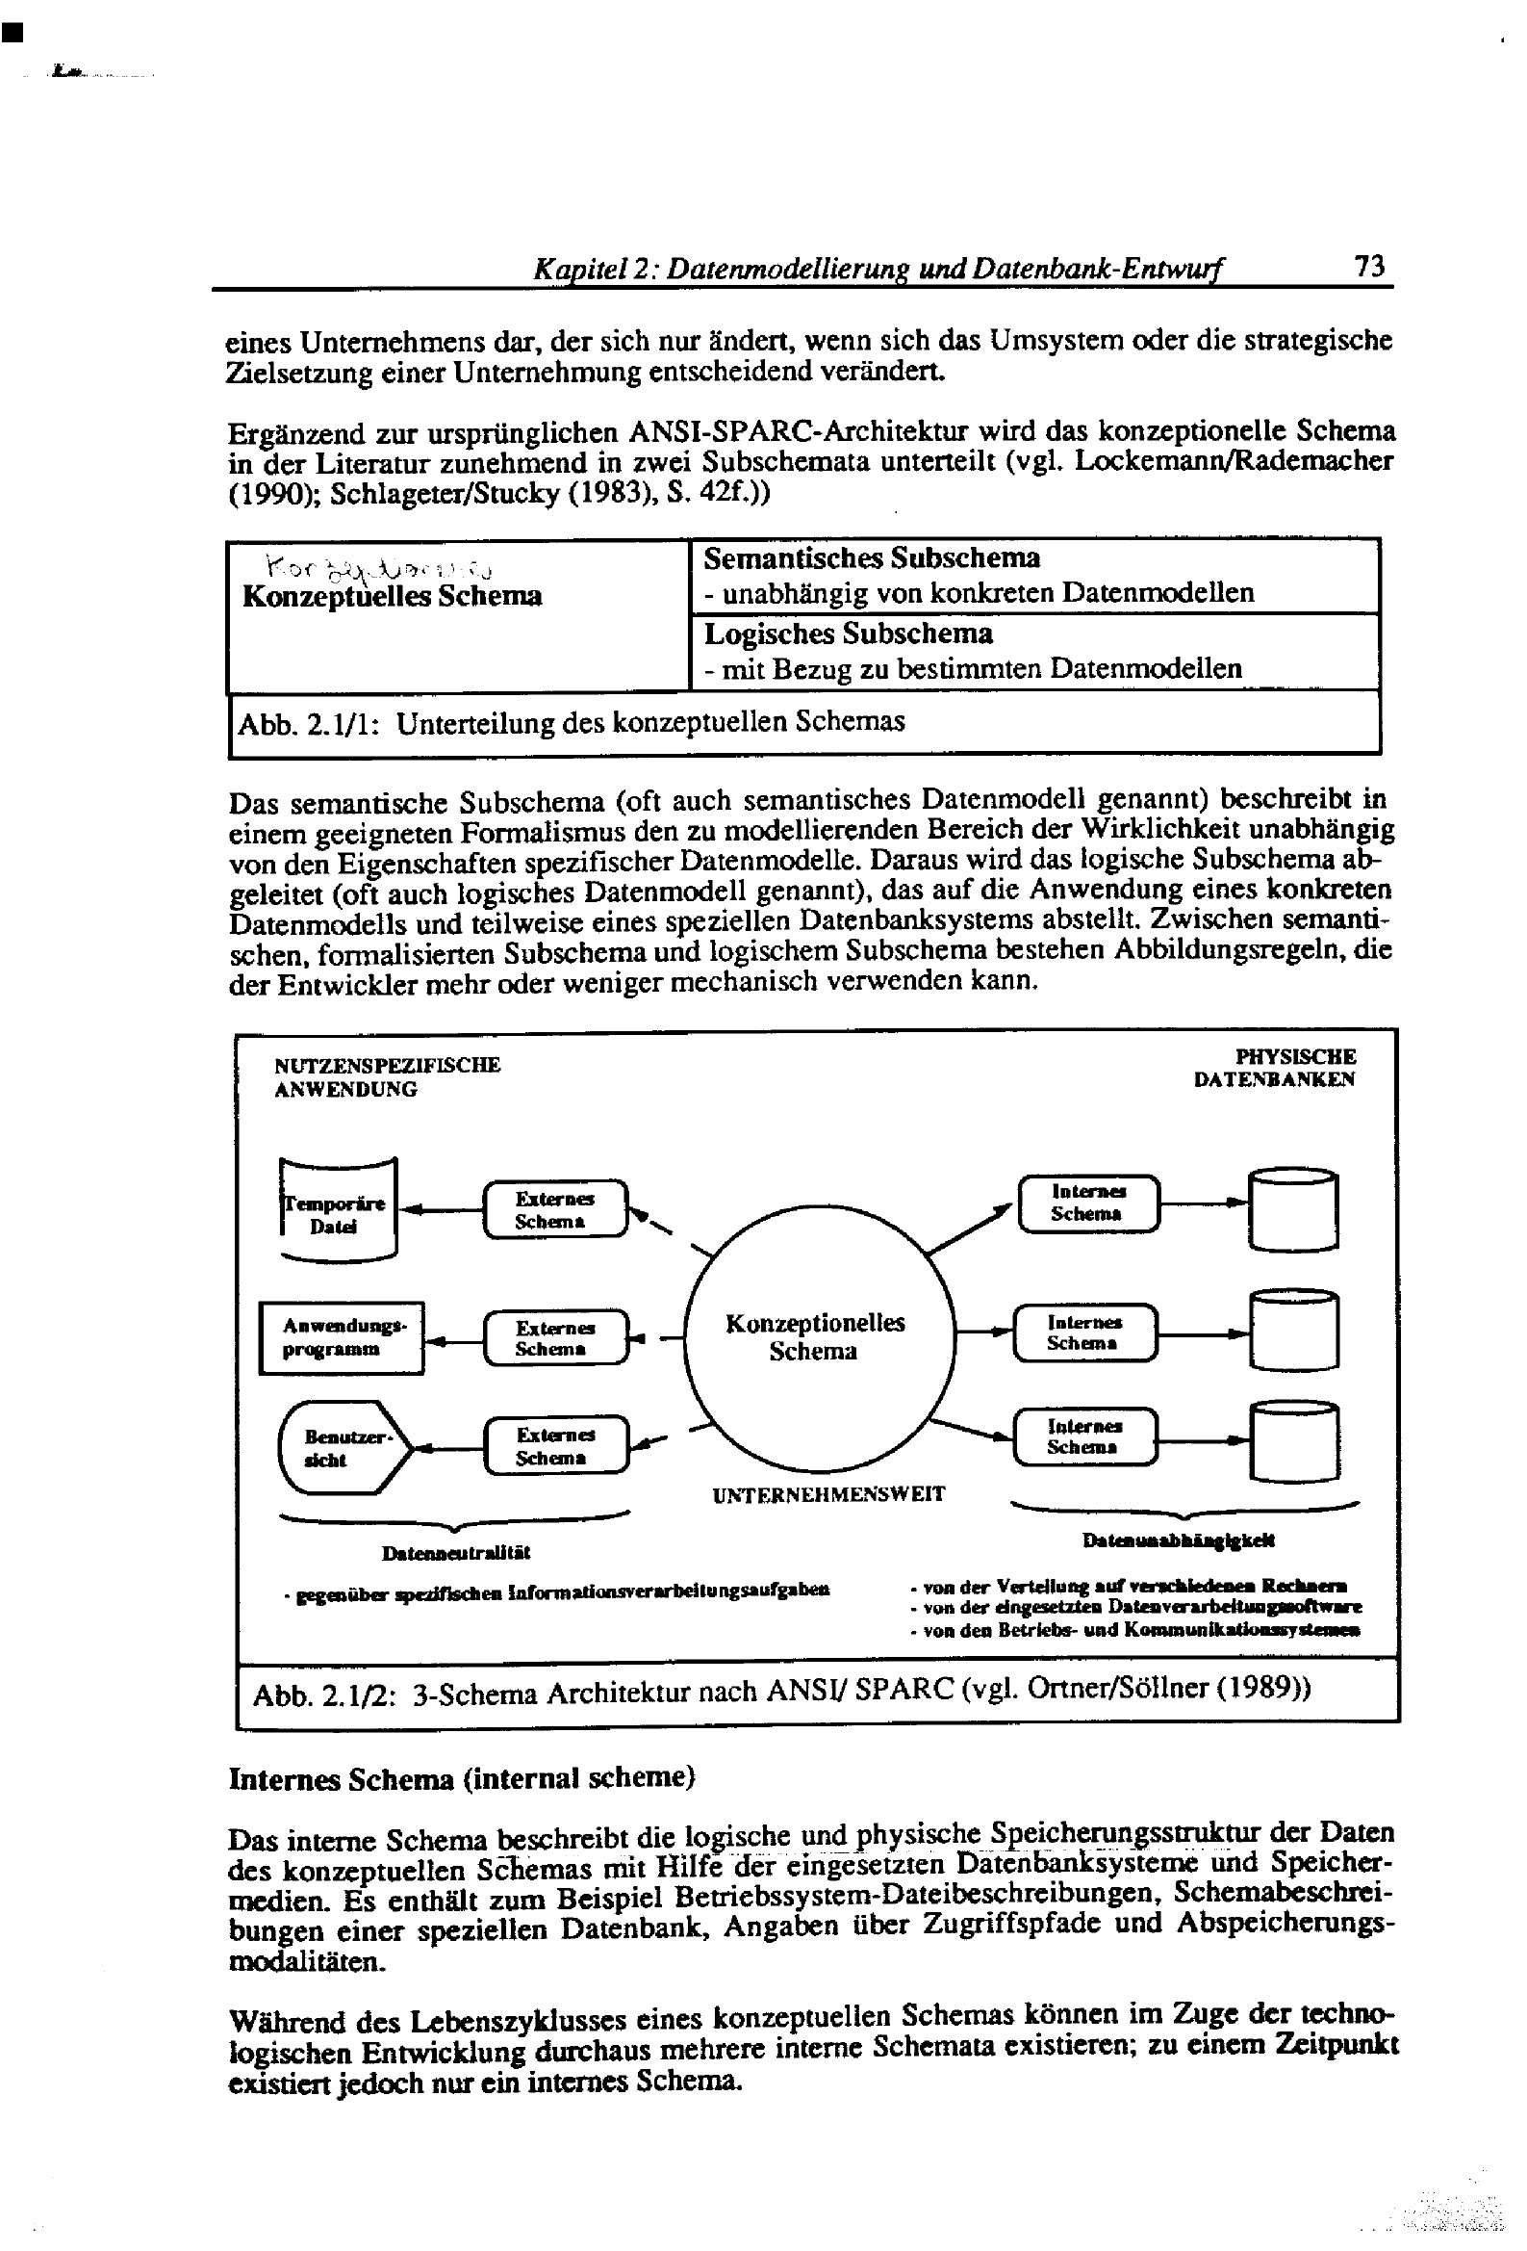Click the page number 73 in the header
[x=1369, y=267]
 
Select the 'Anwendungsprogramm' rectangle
[x=342, y=1337]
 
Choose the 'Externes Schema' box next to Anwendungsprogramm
[x=555, y=1337]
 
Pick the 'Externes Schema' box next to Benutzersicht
[x=555, y=1446]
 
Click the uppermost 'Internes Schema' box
[x=1088, y=1203]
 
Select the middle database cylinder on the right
[x=1293, y=1331]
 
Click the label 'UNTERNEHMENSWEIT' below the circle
[x=827, y=1494]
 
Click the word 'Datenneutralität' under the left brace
[x=456, y=1553]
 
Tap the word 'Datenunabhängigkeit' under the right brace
[x=1179, y=1540]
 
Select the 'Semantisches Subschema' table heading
[x=872, y=558]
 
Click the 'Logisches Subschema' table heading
[x=849, y=634]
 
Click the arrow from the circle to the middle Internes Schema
[x=982, y=1332]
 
